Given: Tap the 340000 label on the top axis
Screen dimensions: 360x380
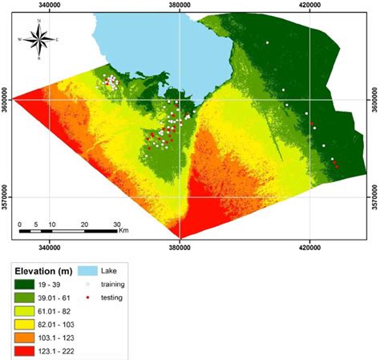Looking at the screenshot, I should (x=50, y=5).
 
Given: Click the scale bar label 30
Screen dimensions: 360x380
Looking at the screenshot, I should (x=116, y=224).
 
